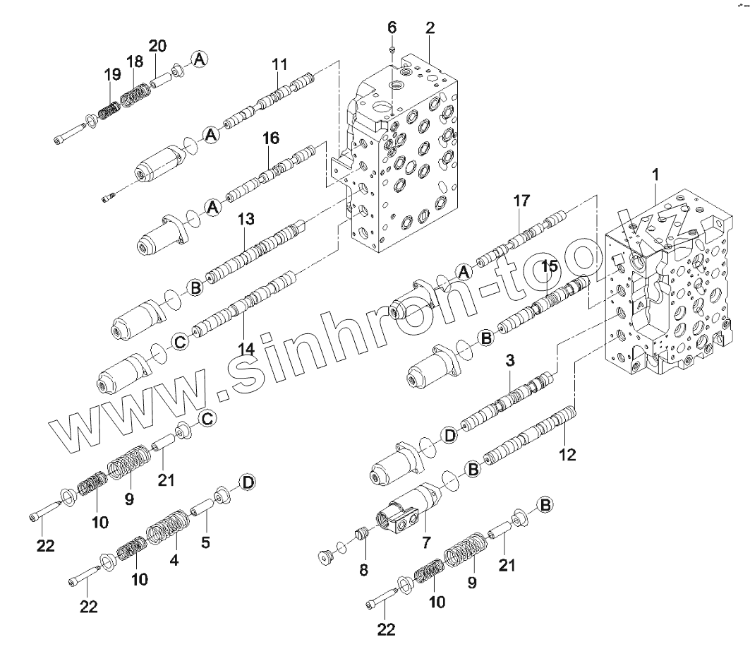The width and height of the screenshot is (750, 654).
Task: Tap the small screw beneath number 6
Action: [x=393, y=49]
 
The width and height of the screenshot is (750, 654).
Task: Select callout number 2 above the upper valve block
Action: [x=430, y=28]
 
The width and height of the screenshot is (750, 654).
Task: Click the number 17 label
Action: [x=521, y=201]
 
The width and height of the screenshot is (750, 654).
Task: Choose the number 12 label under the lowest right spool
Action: [x=567, y=455]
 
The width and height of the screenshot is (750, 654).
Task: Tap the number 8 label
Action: [x=363, y=570]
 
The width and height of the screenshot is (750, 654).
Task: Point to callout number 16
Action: [x=272, y=138]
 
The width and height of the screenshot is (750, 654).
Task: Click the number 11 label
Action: [x=280, y=64]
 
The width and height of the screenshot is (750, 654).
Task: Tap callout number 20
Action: [x=157, y=46]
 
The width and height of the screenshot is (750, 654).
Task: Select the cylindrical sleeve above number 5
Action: [x=201, y=508]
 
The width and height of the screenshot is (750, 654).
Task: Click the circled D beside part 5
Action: [x=247, y=482]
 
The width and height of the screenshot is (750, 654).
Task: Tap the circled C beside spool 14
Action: [x=179, y=343]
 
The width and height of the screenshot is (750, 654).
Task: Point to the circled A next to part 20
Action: [x=200, y=60]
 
